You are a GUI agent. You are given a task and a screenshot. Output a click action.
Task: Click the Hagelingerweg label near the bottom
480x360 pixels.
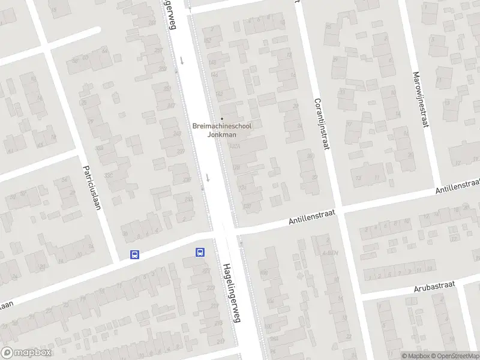click(x=231, y=293)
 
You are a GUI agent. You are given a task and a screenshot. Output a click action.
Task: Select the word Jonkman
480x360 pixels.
click(x=221, y=134)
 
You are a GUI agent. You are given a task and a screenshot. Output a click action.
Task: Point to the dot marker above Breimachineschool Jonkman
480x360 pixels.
click(x=222, y=118)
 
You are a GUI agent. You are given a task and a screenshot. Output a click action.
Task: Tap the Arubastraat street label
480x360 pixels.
click(x=434, y=287)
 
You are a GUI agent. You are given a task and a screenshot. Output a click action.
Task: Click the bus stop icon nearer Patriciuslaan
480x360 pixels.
click(x=135, y=255)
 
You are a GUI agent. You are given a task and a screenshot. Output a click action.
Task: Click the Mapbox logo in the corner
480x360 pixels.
click(x=26, y=353)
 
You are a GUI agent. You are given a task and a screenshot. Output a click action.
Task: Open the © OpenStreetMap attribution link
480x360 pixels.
click(x=454, y=355)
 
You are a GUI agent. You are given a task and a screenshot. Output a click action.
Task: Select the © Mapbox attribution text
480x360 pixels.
click(x=415, y=355)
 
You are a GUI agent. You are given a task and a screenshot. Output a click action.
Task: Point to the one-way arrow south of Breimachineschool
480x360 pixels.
click(x=208, y=177)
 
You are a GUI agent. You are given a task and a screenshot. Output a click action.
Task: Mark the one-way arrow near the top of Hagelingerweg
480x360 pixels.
click(x=182, y=60)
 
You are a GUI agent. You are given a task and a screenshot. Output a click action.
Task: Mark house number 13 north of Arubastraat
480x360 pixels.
click(x=358, y=178)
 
